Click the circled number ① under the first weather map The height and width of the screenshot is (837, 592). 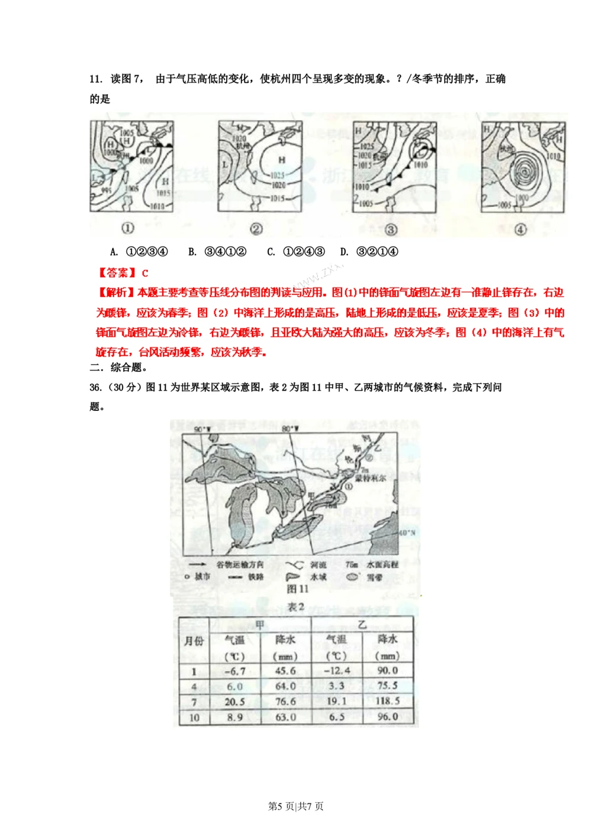(127, 228)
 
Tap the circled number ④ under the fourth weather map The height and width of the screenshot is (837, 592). (520, 229)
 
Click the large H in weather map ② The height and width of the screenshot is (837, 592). (282, 160)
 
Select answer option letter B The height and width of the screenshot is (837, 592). (192, 252)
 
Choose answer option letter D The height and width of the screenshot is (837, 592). (345, 252)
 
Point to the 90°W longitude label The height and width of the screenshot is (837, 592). (202, 429)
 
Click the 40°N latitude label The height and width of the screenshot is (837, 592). (406, 533)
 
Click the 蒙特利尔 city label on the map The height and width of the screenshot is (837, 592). (371, 478)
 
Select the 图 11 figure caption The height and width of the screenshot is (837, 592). (297, 588)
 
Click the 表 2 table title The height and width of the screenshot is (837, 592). (295, 607)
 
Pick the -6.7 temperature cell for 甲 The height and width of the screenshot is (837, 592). (235, 671)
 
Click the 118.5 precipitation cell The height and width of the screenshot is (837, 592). (387, 701)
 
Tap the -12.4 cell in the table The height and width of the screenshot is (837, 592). (337, 671)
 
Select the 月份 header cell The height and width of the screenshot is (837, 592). (194, 641)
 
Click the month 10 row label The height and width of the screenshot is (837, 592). (194, 717)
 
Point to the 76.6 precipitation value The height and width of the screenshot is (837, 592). (285, 701)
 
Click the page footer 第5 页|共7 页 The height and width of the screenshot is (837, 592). (296, 806)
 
